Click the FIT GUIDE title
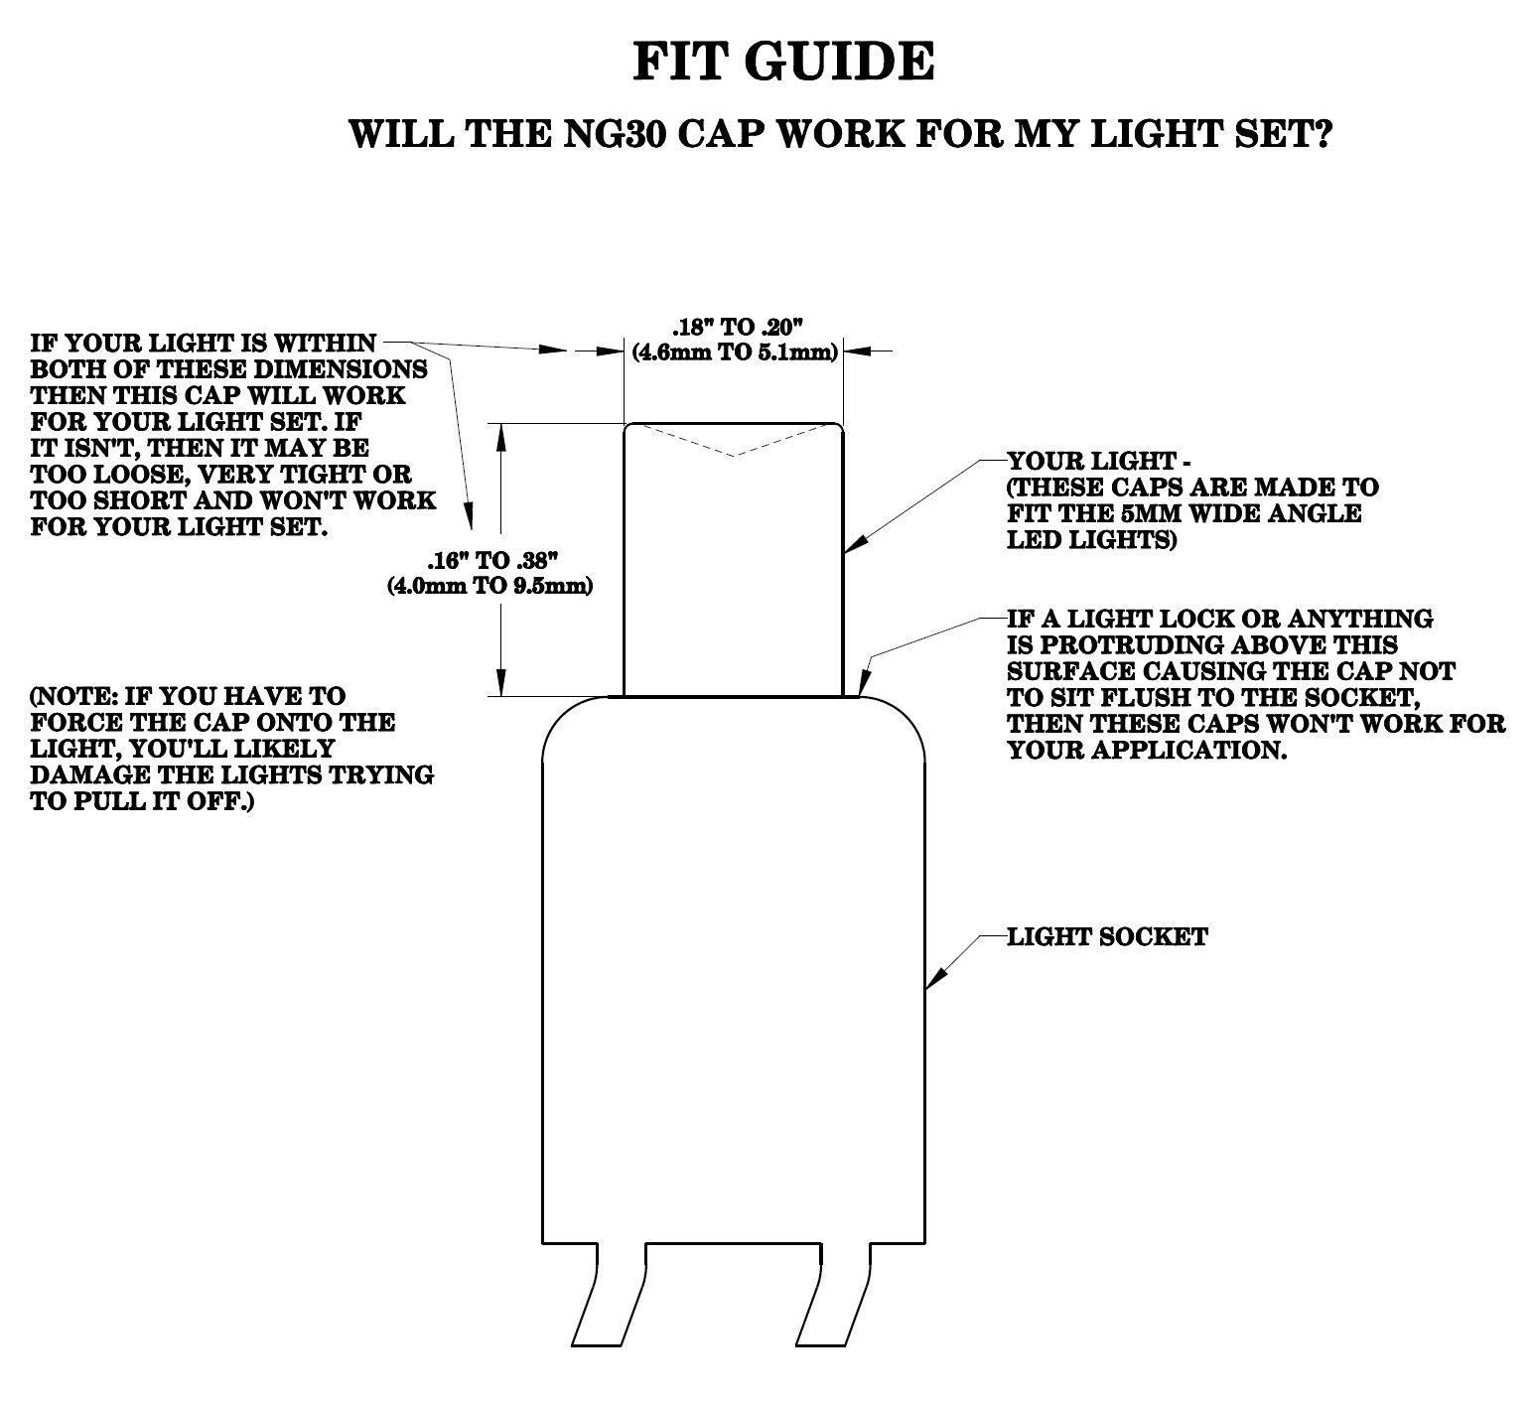pos(783,62)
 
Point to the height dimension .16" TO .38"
pos(492,559)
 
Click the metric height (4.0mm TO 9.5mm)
pos(489,585)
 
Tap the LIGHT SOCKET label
pos(1107,936)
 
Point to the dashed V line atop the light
pos(733,440)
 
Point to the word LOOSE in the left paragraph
pos(120,475)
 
